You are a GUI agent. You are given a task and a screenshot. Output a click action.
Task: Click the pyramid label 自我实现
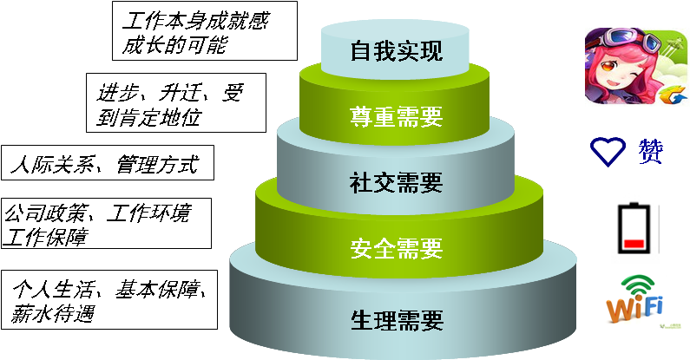[396, 50]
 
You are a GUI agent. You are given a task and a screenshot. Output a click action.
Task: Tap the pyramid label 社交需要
[396, 183]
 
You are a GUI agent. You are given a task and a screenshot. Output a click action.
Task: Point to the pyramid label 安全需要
[396, 249]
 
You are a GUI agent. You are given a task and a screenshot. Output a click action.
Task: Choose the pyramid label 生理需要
[396, 320]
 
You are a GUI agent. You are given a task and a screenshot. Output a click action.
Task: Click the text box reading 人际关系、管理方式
[106, 164]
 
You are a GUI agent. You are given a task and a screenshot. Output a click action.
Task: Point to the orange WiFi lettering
[634, 308]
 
